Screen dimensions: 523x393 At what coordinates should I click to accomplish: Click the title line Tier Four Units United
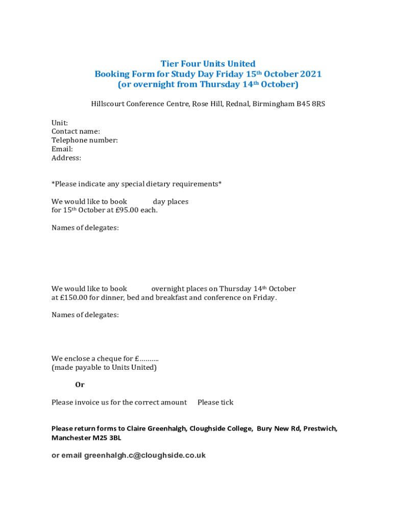coord(208,64)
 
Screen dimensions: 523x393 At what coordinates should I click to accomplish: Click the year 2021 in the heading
coord(311,74)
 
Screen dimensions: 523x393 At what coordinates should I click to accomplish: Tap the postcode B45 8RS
coord(311,104)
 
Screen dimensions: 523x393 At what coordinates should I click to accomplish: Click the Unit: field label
coord(60,123)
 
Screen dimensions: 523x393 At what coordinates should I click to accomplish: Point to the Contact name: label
coord(76,132)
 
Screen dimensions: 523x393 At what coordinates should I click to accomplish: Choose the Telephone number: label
coord(85,140)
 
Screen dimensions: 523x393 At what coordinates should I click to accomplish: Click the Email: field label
coord(62,149)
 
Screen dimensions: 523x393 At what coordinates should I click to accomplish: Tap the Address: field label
coord(66,158)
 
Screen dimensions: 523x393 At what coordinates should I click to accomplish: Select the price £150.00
coord(74,298)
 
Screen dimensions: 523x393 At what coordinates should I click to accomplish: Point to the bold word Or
coord(80,385)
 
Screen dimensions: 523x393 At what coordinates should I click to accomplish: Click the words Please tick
coord(215,402)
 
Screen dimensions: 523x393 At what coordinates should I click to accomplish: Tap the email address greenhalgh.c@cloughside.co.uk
coord(145,455)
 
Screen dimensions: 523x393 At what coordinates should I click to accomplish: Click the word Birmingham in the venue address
coord(273,104)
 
